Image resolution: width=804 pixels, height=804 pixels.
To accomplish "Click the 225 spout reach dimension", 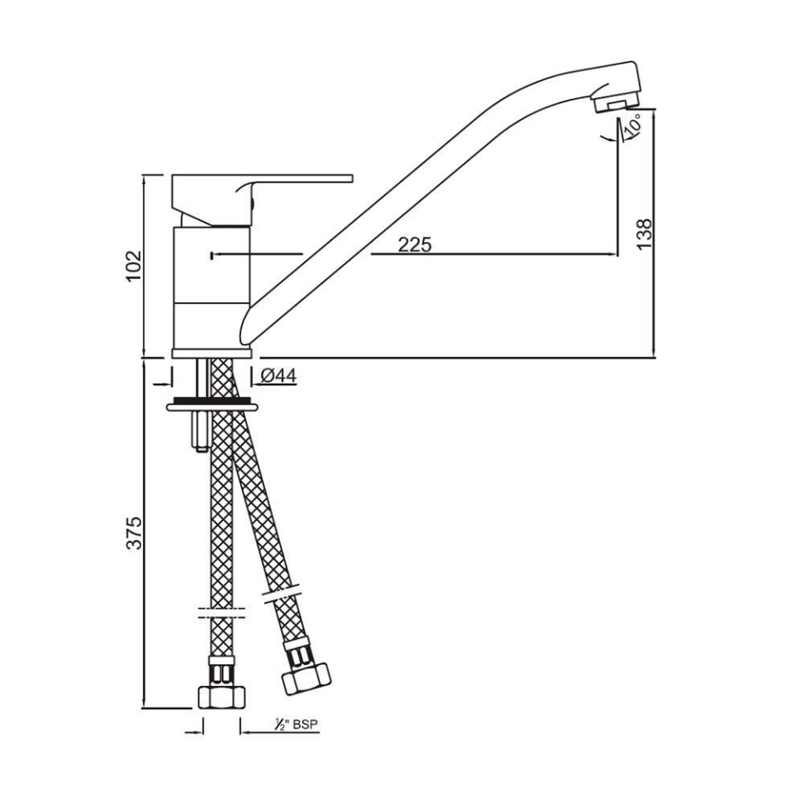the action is pos(415,245).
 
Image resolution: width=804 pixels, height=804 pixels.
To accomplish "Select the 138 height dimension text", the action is pos(644,234).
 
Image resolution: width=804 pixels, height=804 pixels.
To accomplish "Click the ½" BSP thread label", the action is pos(296,724).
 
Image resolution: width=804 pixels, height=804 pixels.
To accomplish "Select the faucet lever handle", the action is pos(262,199).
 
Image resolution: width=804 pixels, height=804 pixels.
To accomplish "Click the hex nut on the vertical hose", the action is pos(221,697).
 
